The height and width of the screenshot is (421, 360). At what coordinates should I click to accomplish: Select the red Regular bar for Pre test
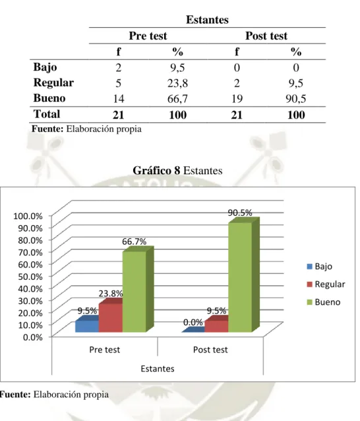pyautogui.click(x=111, y=317)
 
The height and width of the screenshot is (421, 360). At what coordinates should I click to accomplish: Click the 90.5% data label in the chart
pyautogui.click(x=240, y=212)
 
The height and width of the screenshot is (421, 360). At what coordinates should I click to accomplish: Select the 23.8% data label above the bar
pyautogui.click(x=111, y=294)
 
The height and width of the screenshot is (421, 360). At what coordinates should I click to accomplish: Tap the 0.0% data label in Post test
pyautogui.click(x=193, y=322)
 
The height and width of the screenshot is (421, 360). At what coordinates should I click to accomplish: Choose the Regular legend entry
pyautogui.click(x=326, y=284)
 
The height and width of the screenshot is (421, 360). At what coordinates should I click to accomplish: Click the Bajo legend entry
pyautogui.click(x=320, y=267)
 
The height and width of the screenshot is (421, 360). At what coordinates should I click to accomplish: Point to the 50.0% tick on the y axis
pyautogui.click(x=30, y=276)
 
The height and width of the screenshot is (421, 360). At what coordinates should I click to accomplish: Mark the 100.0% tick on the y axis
pyautogui.click(x=28, y=216)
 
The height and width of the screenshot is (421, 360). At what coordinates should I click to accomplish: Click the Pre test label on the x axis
pyautogui.click(x=105, y=350)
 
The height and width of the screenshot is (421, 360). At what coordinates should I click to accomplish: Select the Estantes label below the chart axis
pyautogui.click(x=158, y=369)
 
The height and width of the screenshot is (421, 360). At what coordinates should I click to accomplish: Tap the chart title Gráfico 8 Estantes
pyautogui.click(x=177, y=170)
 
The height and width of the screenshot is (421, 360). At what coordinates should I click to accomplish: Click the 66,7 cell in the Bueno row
pyautogui.click(x=177, y=99)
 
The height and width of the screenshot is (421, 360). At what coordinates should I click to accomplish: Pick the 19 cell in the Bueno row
pyautogui.click(x=237, y=99)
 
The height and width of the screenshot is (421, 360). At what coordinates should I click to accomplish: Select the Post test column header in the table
pyautogui.click(x=266, y=36)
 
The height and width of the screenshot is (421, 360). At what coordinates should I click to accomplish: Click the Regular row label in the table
pyautogui.click(x=53, y=82)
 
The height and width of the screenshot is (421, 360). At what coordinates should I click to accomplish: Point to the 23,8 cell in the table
pyautogui.click(x=177, y=83)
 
